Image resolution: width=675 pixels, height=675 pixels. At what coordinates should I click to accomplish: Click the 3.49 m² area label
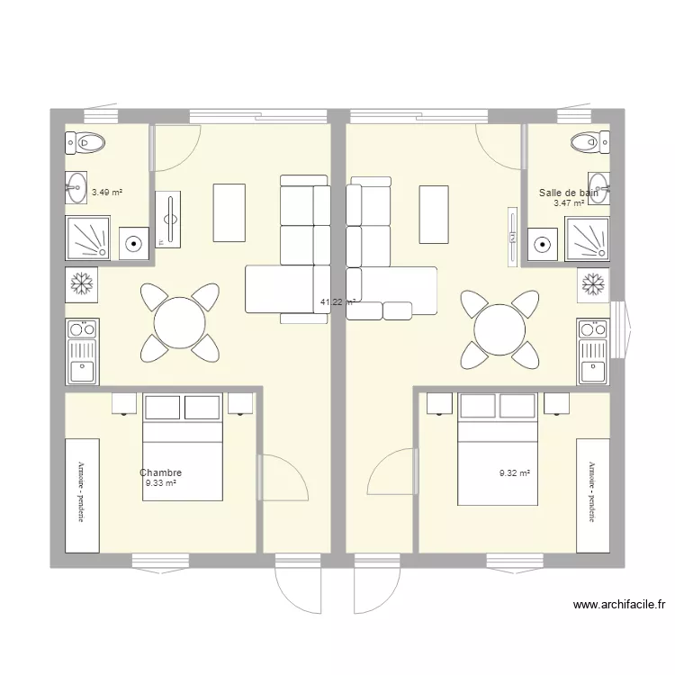click(x=107, y=192)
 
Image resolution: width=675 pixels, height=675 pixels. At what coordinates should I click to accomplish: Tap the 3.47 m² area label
click(x=569, y=203)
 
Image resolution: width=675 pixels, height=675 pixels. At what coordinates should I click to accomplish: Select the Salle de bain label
click(x=569, y=193)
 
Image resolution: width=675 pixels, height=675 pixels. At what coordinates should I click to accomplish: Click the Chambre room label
click(x=161, y=473)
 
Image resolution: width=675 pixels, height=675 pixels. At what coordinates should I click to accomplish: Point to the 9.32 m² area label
click(x=515, y=472)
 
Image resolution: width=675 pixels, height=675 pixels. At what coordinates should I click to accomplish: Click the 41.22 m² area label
click(x=338, y=303)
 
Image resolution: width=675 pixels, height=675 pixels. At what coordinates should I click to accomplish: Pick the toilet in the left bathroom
click(x=86, y=140)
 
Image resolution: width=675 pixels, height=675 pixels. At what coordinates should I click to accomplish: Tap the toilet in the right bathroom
click(x=589, y=140)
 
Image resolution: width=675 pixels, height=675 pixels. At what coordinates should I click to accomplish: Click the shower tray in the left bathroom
click(x=88, y=238)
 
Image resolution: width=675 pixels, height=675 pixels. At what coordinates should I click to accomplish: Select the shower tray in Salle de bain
click(x=588, y=239)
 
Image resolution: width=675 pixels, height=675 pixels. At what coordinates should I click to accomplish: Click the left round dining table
click(x=178, y=321)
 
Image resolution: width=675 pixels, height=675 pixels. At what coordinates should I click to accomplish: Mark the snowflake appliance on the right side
click(x=593, y=284)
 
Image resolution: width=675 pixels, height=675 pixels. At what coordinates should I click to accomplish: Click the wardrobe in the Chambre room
click(x=82, y=494)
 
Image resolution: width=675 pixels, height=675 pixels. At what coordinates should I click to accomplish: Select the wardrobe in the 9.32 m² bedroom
click(x=593, y=494)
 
